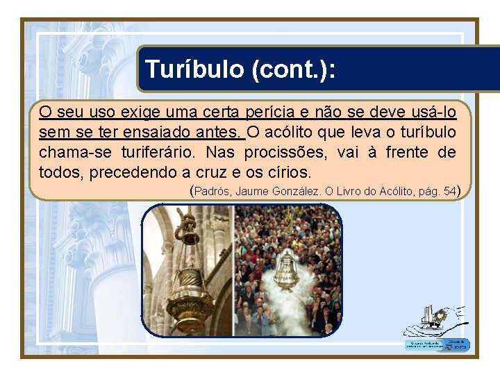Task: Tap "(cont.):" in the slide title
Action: (x=294, y=69)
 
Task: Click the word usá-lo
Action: (x=433, y=112)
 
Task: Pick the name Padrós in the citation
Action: (x=213, y=191)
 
